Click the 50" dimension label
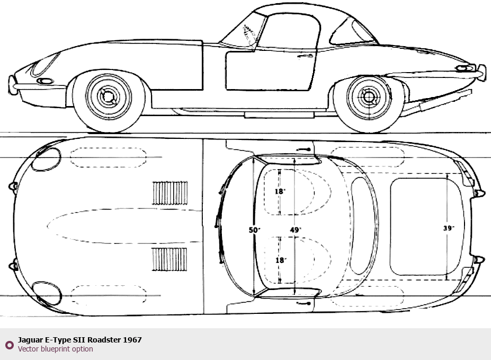(x=254, y=230)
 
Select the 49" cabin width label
(x=296, y=230)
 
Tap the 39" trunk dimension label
(x=449, y=228)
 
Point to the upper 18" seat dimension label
(x=280, y=191)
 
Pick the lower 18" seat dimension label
(x=281, y=260)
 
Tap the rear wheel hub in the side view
(x=369, y=97)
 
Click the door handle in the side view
(x=305, y=56)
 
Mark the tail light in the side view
(x=466, y=68)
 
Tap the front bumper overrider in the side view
(x=12, y=85)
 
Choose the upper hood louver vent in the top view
(x=169, y=192)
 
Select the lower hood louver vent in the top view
(x=169, y=259)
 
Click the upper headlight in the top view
(x=46, y=160)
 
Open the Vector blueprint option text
(x=56, y=349)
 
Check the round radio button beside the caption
(x=10, y=345)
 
